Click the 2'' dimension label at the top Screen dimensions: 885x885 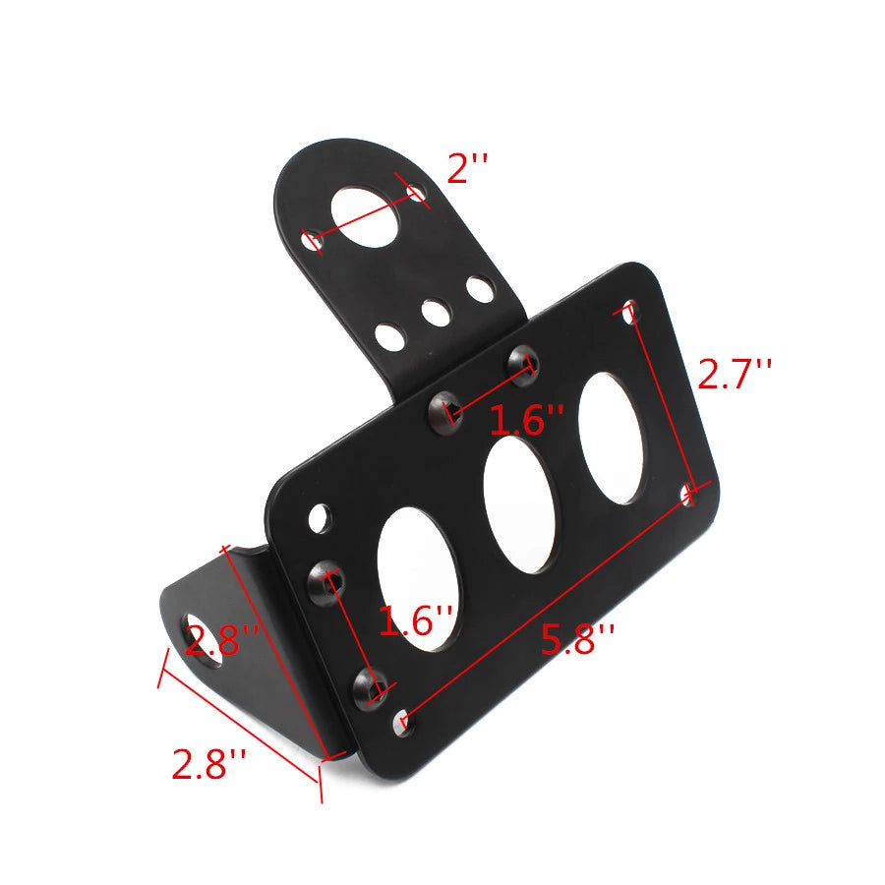tap(467, 169)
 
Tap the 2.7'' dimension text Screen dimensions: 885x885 tap(735, 375)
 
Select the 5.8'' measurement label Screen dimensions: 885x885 tap(577, 641)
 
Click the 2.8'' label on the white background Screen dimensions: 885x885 tap(208, 764)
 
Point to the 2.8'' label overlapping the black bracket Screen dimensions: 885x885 tap(222, 642)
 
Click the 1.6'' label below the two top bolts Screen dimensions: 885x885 tap(527, 421)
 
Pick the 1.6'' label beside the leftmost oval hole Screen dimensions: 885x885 tap(415, 621)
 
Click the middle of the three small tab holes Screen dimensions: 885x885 tap(434, 313)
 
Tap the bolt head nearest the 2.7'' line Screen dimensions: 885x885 tap(520, 362)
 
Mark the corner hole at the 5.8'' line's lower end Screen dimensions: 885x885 tap(403, 725)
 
